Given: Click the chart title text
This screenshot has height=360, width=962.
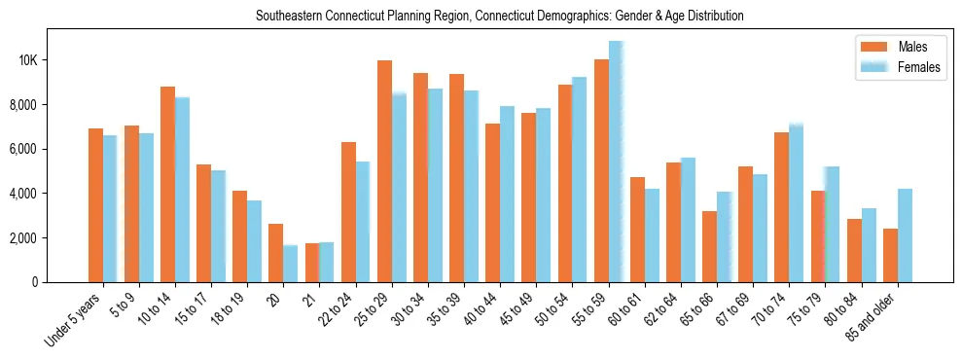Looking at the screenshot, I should (x=499, y=17).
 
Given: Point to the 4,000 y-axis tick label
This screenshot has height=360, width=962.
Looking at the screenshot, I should (x=51, y=194).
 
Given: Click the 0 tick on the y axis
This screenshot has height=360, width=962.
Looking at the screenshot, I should (x=62, y=282).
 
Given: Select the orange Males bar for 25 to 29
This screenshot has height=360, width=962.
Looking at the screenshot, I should (x=384, y=171).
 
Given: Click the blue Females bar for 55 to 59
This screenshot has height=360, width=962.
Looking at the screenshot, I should (x=616, y=162).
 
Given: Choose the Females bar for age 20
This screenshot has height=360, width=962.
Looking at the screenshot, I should (x=291, y=264).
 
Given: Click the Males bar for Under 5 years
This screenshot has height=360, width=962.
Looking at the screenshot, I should (x=95, y=205).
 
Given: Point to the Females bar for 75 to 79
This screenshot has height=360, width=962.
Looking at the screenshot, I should (x=833, y=225).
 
